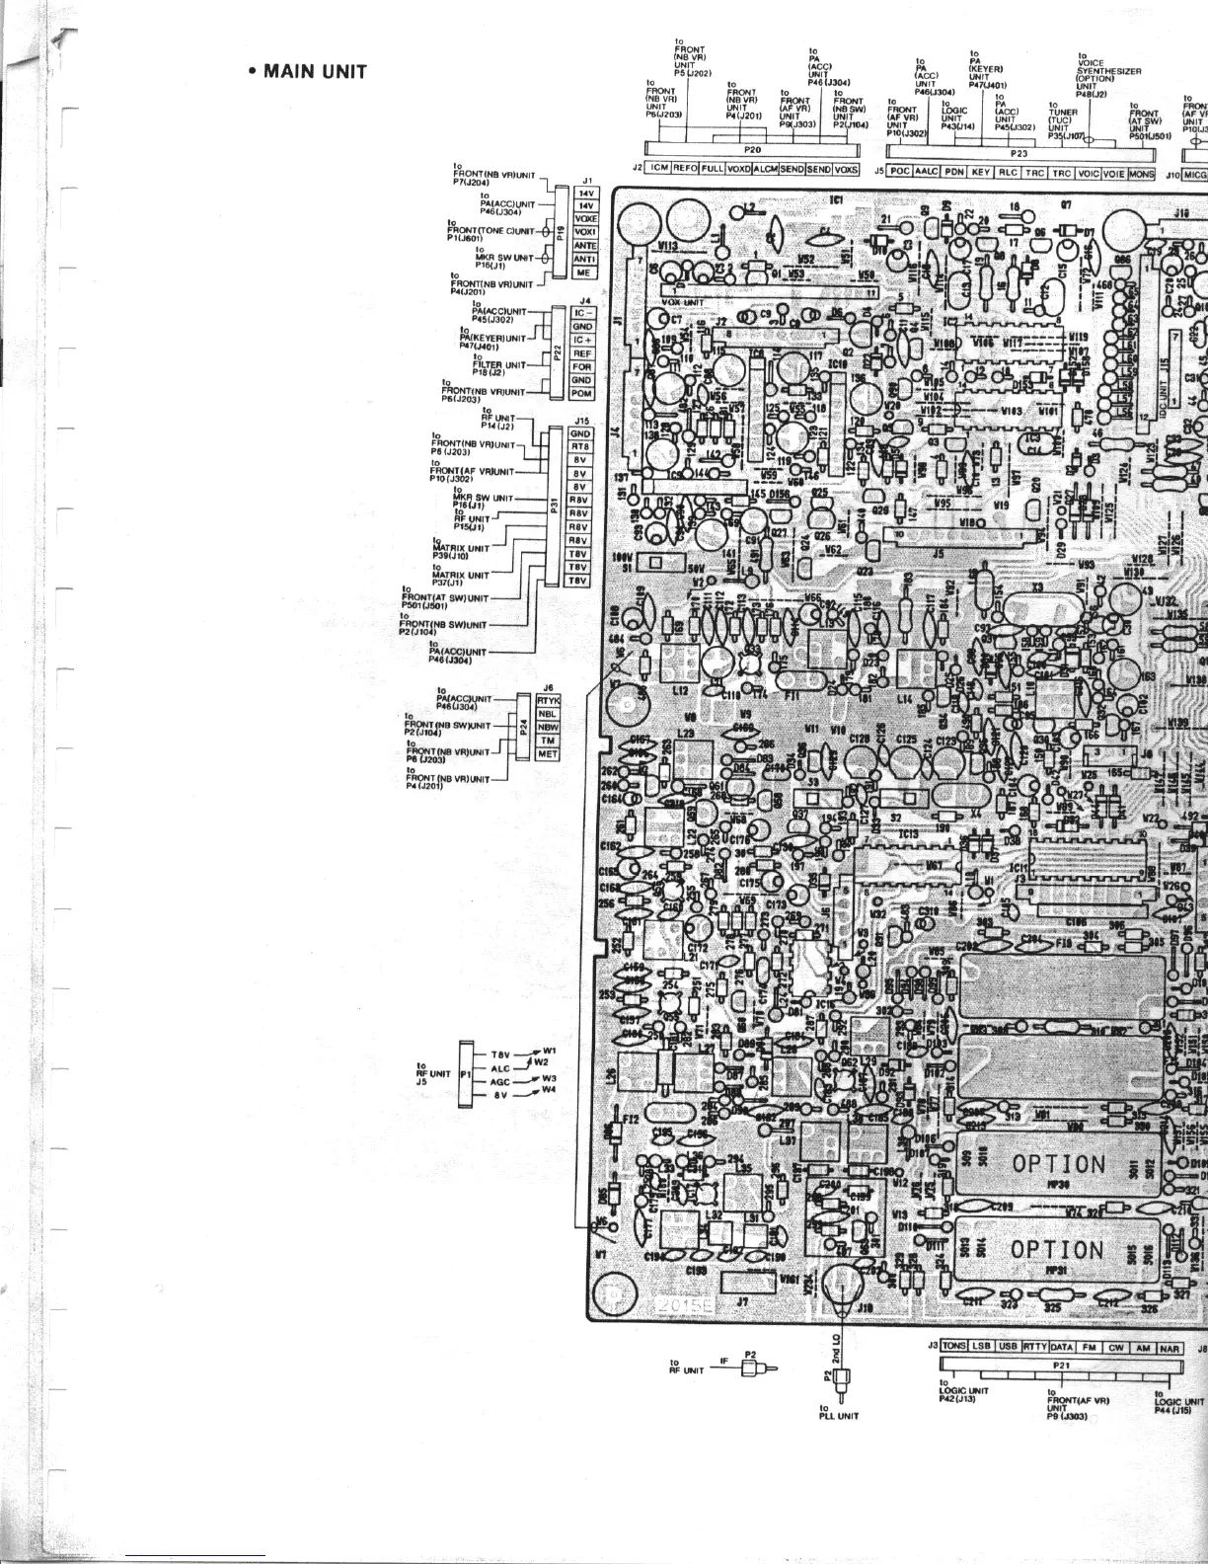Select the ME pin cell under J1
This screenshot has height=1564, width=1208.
[x=585, y=273]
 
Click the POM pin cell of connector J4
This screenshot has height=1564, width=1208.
[x=582, y=393]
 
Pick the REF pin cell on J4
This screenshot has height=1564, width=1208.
[x=582, y=352]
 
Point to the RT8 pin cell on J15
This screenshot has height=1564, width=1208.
[x=580, y=446]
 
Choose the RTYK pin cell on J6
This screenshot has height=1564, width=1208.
[x=548, y=700]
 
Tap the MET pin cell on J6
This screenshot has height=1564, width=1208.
[x=548, y=753]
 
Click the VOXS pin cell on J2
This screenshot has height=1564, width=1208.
[x=846, y=169]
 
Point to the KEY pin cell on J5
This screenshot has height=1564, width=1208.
[x=980, y=172]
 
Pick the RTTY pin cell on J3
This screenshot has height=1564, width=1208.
[x=1034, y=1347]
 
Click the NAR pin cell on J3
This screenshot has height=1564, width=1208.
[x=1170, y=1347]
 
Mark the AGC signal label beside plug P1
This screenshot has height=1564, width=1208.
[x=500, y=1081]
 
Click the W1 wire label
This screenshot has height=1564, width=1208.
[x=550, y=1051]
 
